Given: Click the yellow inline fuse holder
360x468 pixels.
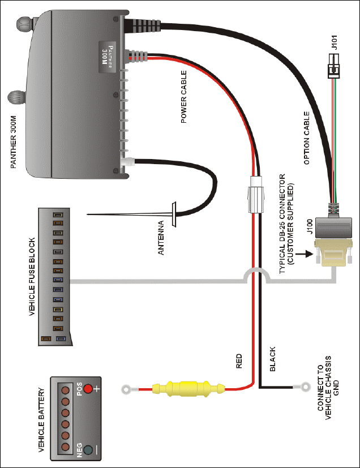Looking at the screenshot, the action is point(188,389).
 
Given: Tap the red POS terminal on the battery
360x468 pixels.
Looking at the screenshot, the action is point(88,389).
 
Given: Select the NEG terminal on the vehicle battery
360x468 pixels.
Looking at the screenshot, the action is point(88,450).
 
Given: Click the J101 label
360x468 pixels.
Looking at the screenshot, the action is point(335,42).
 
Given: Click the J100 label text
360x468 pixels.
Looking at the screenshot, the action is point(310,226).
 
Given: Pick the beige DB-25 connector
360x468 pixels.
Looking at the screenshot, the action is point(333,252).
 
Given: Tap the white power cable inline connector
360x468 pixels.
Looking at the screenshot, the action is point(255,194).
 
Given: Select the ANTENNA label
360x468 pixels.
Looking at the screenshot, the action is point(161,238).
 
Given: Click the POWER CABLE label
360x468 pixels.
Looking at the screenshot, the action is point(183,97).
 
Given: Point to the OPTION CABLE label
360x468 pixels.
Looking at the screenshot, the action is point(307,138).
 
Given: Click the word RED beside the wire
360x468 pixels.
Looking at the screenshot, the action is point(239,361).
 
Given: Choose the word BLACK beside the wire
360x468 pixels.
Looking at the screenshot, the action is point(272,359).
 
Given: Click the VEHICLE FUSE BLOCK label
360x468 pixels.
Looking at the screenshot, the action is point(32,277).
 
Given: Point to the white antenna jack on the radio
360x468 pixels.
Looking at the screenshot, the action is point(128,162).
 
